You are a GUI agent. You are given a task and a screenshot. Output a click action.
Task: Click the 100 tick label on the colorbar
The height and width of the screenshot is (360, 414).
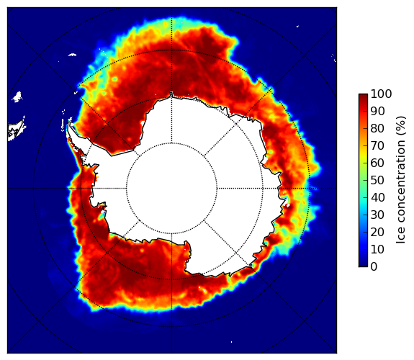tap(382, 94)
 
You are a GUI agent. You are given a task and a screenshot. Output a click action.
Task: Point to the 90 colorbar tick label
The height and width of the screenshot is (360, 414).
tap(378, 111)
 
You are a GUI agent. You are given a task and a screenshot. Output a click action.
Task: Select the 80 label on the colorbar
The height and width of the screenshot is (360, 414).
tap(378, 129)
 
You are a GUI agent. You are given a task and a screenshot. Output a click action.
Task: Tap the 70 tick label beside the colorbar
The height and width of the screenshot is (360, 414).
tap(378, 145)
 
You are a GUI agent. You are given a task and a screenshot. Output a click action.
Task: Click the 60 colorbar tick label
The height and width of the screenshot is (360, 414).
tap(378, 163)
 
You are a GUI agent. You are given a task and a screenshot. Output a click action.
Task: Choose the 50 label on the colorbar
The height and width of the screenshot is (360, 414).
tap(378, 181)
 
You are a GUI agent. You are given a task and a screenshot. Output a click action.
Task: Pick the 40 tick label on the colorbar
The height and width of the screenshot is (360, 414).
tap(378, 197)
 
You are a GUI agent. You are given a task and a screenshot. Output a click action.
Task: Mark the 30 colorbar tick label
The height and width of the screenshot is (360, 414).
tap(378, 215)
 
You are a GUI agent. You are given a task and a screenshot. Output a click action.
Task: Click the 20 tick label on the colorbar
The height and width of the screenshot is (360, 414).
tap(378, 232)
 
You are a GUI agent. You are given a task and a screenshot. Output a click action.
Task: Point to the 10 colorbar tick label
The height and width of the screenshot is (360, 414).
tap(378, 249)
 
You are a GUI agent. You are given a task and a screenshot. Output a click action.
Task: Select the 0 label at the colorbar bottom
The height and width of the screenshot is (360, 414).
tap(374, 267)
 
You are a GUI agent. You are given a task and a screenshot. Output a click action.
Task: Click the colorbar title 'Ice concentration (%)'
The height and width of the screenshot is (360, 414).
tap(401, 180)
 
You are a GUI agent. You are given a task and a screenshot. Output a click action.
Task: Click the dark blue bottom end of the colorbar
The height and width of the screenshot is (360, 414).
tap(364, 265)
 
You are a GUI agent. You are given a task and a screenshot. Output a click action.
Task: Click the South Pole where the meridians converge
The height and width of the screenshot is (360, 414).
tap(171, 189)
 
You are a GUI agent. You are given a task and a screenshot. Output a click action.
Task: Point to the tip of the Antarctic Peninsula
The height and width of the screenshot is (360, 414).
tap(69, 123)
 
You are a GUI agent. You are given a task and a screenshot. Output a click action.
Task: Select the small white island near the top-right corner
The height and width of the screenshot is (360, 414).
tap(297, 26)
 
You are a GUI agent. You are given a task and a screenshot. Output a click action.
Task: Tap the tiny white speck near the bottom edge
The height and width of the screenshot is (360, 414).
tap(232, 342)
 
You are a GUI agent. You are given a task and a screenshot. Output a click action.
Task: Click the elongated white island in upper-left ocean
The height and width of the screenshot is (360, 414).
tap(72, 55)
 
